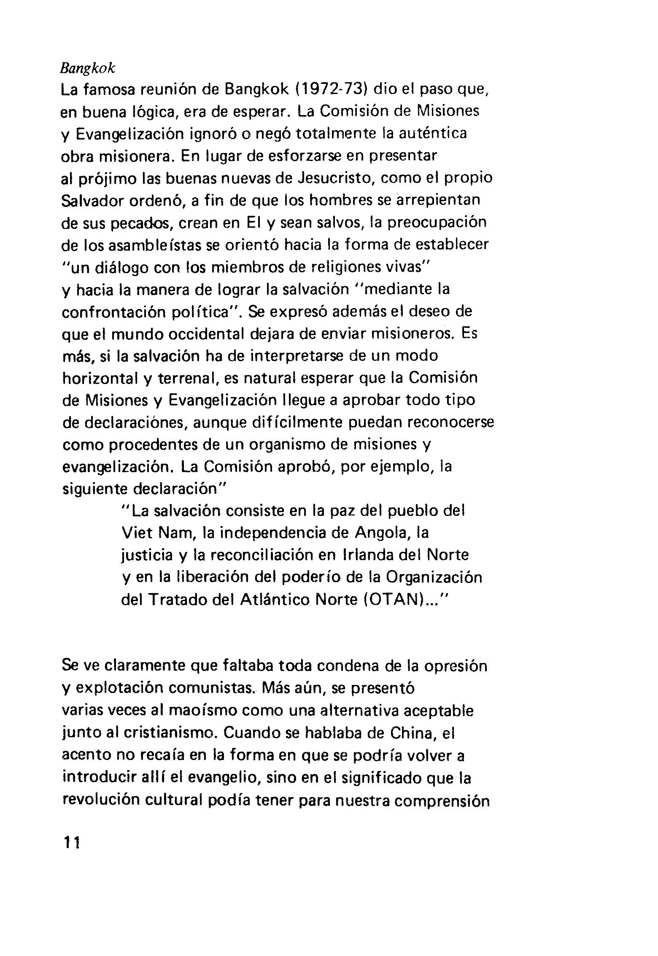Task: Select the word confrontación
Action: pos(114,312)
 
